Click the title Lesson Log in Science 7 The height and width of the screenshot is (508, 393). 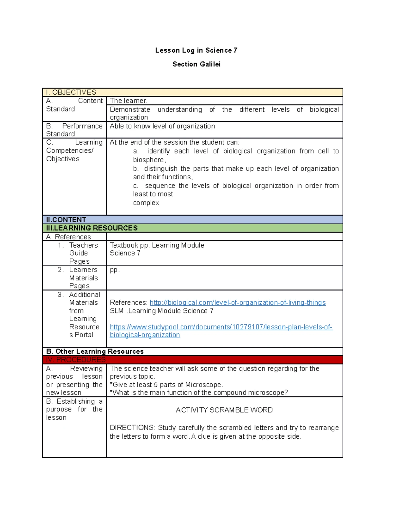[x=196, y=50]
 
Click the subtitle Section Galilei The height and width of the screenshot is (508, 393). [x=196, y=64]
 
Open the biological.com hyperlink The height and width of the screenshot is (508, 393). [x=237, y=303]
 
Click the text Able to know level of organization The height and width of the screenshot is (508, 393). [x=162, y=126]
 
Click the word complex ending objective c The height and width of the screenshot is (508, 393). [x=146, y=203]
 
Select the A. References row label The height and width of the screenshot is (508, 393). [x=68, y=237]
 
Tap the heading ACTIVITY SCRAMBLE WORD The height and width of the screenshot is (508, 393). [x=224, y=410]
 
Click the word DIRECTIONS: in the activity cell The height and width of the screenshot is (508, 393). [x=132, y=428]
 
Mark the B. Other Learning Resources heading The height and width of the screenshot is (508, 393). [x=95, y=352]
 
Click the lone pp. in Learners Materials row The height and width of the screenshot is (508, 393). [x=115, y=270]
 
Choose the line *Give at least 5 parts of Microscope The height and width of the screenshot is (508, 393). [x=167, y=385]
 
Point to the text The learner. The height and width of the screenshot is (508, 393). [x=128, y=101]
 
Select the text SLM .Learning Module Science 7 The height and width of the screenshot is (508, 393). [x=162, y=311]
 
